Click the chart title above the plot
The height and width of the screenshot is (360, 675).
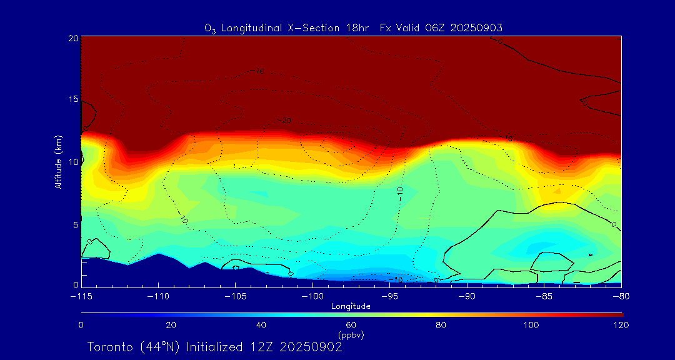click(x=353, y=27)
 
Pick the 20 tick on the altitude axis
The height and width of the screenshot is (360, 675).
click(x=73, y=38)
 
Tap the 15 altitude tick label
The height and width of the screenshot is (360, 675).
click(x=73, y=99)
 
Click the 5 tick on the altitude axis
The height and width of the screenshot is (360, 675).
click(x=75, y=224)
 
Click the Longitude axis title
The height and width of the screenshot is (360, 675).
click(x=351, y=306)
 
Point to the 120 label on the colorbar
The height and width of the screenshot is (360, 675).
click(x=622, y=325)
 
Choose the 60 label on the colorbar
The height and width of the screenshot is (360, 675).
click(x=351, y=325)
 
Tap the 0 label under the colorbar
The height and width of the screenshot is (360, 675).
click(x=81, y=325)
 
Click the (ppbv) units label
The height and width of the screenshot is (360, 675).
click(x=351, y=335)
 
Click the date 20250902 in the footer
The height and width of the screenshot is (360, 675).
click(x=311, y=347)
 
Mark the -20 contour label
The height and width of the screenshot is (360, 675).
click(x=285, y=120)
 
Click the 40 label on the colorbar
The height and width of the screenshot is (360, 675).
click(x=261, y=325)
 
